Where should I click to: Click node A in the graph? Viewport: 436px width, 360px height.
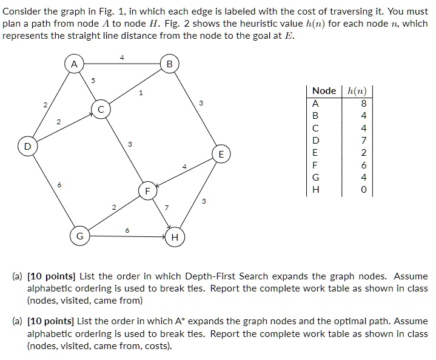point(73,64)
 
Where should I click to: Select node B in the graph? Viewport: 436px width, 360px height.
point(169,64)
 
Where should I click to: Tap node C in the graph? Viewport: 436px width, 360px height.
point(101,110)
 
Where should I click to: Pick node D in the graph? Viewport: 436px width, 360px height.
point(26,147)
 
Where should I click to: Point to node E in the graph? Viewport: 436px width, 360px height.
point(221,155)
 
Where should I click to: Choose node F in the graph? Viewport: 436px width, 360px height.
point(146,192)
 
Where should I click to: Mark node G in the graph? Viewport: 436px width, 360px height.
point(79,235)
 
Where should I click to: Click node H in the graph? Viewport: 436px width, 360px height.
point(175,237)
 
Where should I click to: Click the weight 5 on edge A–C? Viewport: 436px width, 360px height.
point(93,80)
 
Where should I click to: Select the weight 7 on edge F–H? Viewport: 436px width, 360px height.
point(167,208)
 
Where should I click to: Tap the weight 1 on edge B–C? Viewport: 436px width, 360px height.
point(141,93)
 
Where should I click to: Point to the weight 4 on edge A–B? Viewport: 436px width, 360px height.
point(121,58)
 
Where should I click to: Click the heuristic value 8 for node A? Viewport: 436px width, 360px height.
point(363,103)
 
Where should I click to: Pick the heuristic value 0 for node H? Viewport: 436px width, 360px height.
point(363,190)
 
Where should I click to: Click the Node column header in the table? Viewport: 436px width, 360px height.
point(324,90)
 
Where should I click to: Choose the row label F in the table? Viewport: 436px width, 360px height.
point(315,165)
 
